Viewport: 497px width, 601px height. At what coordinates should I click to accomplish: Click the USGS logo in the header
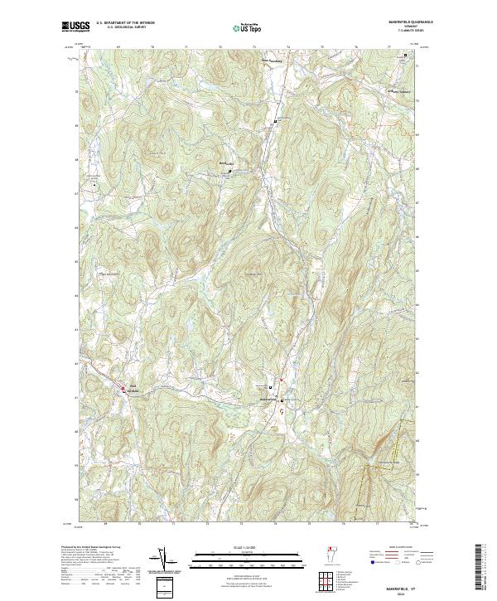[76, 27]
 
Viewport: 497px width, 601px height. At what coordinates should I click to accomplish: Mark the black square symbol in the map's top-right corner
[405, 56]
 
